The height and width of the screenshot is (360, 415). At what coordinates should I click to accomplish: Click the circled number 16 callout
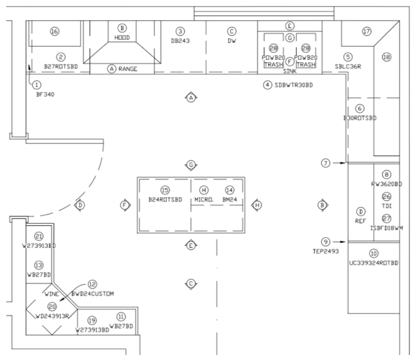pyautogui.click(x=54, y=31)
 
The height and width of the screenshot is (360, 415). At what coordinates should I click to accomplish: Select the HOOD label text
pyautogui.click(x=122, y=38)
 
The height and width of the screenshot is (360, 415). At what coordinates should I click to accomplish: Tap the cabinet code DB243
pyautogui.click(x=180, y=41)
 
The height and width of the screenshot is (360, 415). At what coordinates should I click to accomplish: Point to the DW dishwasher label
pyautogui.click(x=232, y=41)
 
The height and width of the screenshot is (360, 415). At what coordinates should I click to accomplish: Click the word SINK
pyautogui.click(x=289, y=71)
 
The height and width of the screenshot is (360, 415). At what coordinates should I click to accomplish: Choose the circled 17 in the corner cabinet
pyautogui.click(x=367, y=31)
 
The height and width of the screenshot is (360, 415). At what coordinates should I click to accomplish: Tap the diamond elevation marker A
pyautogui.click(x=191, y=97)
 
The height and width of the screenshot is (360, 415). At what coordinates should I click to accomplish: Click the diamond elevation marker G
pyautogui.click(x=191, y=164)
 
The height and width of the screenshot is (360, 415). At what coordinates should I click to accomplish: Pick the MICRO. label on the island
pyautogui.click(x=204, y=199)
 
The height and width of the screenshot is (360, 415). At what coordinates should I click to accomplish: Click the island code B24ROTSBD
pyautogui.click(x=165, y=199)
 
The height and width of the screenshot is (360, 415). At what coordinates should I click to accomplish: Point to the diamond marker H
pyautogui.click(x=257, y=204)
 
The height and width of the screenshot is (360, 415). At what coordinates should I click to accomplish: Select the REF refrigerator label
pyautogui.click(x=360, y=221)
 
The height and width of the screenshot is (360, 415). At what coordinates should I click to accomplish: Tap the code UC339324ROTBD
pyautogui.click(x=374, y=263)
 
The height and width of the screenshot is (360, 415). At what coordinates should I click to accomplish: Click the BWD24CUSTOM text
pyautogui.click(x=92, y=294)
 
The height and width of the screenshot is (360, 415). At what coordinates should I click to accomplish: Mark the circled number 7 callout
pyautogui.click(x=325, y=163)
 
